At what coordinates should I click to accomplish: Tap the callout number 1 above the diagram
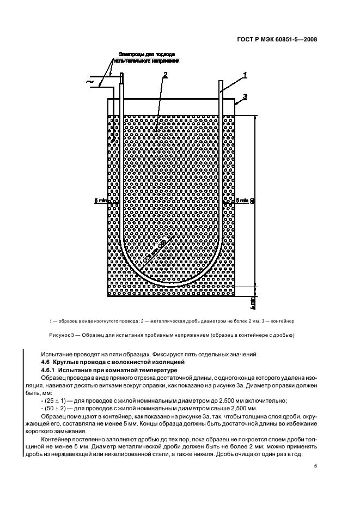245,74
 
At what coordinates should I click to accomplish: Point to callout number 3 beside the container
245,96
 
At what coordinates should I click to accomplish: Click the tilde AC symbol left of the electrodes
90,82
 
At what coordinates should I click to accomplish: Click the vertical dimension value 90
252,201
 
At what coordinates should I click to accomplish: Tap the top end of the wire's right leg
221,83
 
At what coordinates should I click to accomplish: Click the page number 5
315,465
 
